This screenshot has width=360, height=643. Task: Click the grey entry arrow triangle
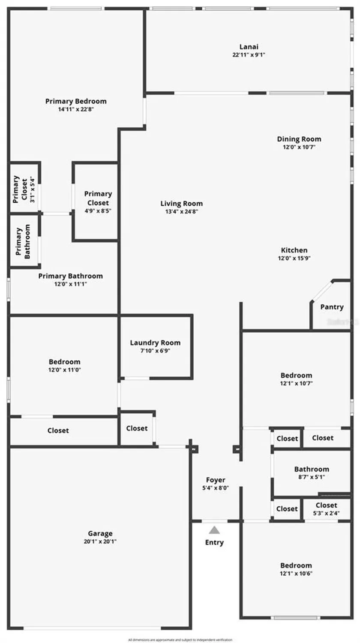214,530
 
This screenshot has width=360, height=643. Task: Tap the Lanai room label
249,47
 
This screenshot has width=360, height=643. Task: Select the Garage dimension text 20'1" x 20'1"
100,541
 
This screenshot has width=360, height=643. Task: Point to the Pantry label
332,307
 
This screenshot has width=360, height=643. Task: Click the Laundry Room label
155,343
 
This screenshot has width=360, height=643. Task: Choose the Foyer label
216,480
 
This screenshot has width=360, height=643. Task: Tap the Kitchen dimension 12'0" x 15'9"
294,258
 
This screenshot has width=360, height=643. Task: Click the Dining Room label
299,139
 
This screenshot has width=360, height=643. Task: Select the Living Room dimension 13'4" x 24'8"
181,211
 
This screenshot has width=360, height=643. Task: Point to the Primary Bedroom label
76,101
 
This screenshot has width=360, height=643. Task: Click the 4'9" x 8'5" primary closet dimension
98,210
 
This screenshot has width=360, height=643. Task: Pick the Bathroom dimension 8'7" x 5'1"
312,477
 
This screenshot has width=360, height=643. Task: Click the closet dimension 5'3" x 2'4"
326,513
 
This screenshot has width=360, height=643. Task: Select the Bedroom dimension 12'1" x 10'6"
296,574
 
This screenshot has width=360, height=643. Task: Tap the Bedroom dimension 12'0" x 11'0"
64,370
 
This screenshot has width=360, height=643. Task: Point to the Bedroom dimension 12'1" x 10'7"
296,383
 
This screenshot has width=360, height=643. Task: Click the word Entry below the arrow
214,542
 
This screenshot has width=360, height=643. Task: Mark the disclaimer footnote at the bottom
180,640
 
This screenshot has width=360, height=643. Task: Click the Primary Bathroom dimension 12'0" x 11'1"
70,284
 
